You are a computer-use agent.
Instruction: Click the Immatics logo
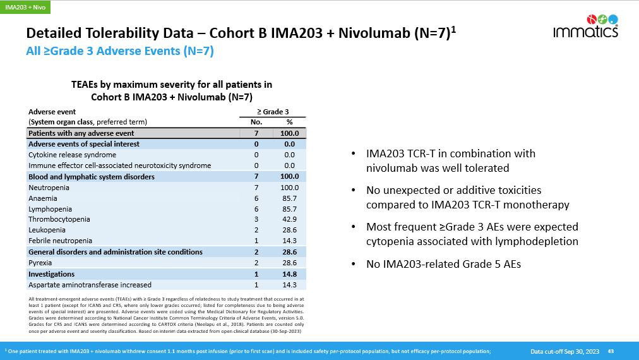585,26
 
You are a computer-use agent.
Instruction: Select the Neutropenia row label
49,188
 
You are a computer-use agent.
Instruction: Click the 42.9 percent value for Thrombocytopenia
289,219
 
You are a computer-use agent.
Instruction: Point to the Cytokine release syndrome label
72,155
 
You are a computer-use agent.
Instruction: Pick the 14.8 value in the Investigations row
289,274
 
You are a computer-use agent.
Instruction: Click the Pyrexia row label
41,263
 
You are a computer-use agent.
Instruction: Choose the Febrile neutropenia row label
60,241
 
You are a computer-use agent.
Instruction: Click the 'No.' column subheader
256,122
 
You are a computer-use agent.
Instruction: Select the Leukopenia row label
46,230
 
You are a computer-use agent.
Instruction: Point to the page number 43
611,351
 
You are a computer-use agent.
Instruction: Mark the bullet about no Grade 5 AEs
443,265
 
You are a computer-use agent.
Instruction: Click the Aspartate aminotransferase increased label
90,285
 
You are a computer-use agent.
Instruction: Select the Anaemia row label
42,198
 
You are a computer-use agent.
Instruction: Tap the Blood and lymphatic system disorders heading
92,177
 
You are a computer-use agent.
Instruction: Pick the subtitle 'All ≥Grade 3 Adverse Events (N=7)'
119,52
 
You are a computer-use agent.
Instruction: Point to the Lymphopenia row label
50,209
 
